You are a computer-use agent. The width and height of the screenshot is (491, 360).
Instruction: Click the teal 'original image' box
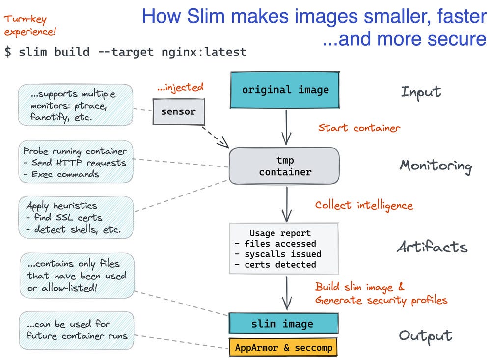click(x=285, y=90)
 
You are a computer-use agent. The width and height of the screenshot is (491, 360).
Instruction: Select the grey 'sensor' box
click(x=178, y=111)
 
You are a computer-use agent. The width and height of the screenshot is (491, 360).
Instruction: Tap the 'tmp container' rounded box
click(x=285, y=166)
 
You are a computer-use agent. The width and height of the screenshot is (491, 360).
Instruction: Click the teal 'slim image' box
click(x=283, y=324)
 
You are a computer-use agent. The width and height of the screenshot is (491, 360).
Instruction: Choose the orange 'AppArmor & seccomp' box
click(x=283, y=348)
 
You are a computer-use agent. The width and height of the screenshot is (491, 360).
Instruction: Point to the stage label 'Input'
click(x=421, y=92)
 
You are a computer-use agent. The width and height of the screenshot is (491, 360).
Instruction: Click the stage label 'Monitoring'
click(x=436, y=166)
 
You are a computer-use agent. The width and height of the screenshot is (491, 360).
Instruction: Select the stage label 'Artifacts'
click(x=432, y=247)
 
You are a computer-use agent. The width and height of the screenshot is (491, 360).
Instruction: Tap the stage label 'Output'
click(x=425, y=336)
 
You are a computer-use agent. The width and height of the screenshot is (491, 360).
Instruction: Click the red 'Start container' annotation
click(x=359, y=128)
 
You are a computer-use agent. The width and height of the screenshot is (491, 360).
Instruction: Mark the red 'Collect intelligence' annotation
click(x=364, y=205)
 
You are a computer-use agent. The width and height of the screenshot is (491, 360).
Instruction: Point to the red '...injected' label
click(x=180, y=88)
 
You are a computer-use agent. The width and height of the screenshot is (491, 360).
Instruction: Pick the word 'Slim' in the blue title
click(x=203, y=17)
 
